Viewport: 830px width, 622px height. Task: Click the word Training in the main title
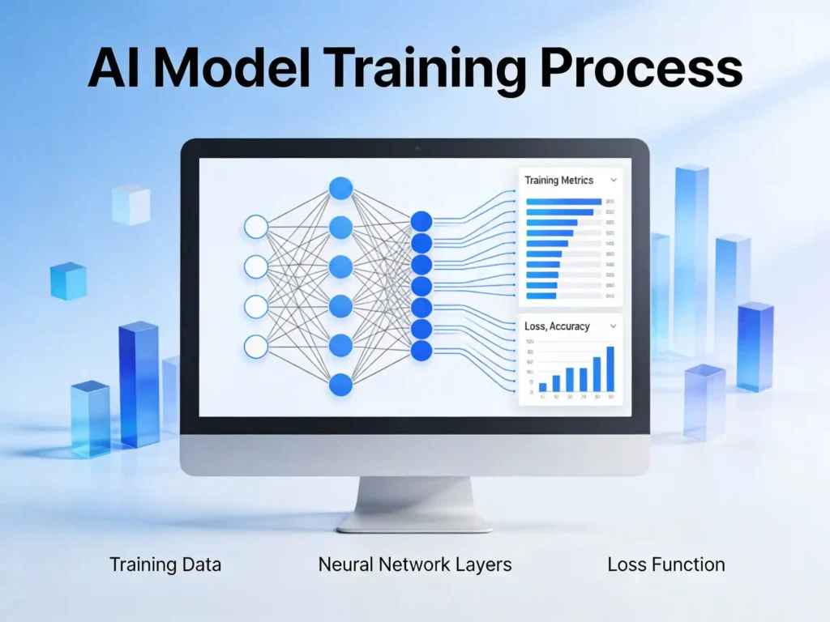click(430, 69)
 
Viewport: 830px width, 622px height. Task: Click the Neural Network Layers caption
click(415, 564)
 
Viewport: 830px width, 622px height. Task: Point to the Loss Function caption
click(666, 564)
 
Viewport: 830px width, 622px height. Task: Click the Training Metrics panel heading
click(558, 181)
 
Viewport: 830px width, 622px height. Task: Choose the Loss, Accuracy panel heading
click(557, 326)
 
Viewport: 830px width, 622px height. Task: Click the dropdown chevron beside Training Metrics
click(614, 181)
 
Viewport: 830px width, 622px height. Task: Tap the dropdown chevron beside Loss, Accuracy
click(613, 326)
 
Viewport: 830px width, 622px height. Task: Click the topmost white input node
click(256, 227)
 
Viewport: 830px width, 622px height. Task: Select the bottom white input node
click(256, 346)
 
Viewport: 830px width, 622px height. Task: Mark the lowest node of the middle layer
click(340, 384)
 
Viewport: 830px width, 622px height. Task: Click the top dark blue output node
click(421, 221)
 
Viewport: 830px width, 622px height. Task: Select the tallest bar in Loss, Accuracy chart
click(610, 369)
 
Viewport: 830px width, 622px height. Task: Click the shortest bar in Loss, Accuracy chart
click(542, 387)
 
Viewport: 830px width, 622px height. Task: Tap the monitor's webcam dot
click(415, 148)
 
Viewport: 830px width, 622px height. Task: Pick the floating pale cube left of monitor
click(131, 203)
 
